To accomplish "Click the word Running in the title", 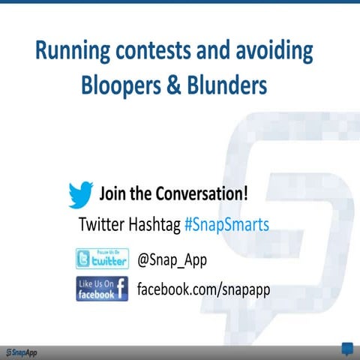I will [72, 52].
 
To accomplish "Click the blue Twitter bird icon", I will [80, 194].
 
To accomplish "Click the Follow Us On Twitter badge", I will [102, 259].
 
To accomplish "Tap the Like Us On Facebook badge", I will [102, 289].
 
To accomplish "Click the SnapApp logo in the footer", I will [20, 352].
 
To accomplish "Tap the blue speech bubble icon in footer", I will [347, 349].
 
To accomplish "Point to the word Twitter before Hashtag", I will [103, 224].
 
